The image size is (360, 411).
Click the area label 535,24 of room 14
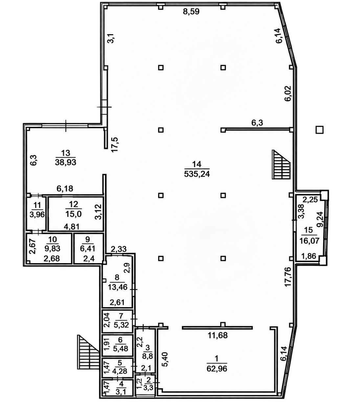click(x=197, y=174)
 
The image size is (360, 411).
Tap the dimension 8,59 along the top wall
click(x=191, y=11)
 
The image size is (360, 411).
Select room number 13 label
click(x=65, y=153)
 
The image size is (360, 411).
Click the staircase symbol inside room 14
click(x=281, y=165)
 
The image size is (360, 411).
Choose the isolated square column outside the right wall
click(x=320, y=130)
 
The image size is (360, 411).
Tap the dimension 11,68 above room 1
click(x=218, y=335)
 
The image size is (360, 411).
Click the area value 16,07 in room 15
click(x=309, y=241)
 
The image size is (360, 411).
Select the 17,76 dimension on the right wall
click(x=288, y=277)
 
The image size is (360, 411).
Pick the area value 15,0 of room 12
click(x=73, y=214)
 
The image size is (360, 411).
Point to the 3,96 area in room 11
click(x=37, y=215)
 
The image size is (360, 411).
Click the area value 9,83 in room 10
click(x=53, y=248)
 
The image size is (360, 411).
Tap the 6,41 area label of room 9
click(x=88, y=248)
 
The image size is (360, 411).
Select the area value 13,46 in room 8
click(x=118, y=287)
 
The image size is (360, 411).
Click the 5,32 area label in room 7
click(x=121, y=325)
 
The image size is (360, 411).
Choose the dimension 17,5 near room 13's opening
click(x=115, y=145)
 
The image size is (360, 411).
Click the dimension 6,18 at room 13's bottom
click(x=65, y=189)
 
